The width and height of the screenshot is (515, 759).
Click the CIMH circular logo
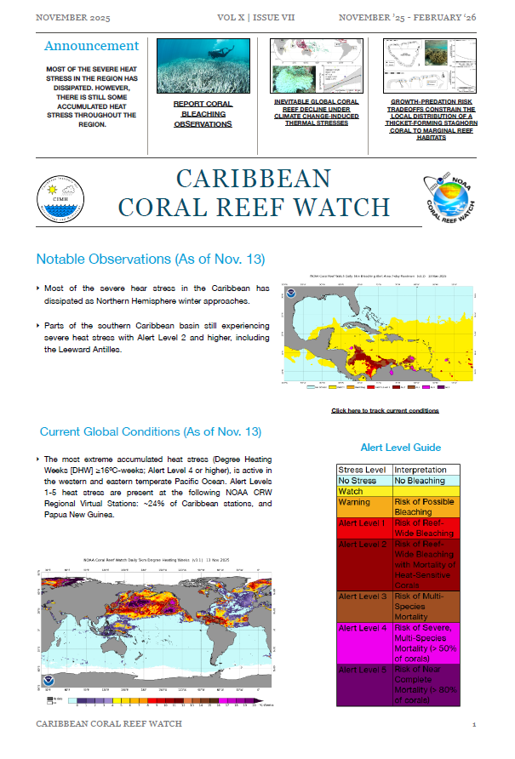61,203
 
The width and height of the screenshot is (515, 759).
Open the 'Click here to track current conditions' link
385,410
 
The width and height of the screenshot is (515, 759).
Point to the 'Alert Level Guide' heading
400,447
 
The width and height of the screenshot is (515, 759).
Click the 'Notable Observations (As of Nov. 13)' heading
151,259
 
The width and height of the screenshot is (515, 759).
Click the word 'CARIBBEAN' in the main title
253,178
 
